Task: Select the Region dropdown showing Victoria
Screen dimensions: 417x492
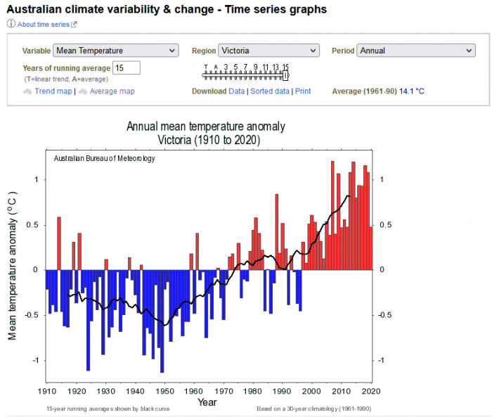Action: point(268,51)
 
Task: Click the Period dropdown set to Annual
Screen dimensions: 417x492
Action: point(416,51)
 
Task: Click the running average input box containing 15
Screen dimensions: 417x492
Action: point(127,68)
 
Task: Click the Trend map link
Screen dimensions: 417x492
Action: point(53,91)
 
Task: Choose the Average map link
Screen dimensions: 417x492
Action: point(112,91)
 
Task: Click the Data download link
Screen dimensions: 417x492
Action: point(237,91)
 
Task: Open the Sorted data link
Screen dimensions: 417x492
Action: point(270,91)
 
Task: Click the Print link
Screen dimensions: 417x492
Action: point(303,91)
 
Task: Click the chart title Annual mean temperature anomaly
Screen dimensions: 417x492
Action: point(205,127)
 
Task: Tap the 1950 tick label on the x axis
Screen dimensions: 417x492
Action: point(164,391)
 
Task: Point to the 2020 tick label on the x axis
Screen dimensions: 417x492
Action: point(371,391)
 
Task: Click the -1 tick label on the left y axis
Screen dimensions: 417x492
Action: point(35,360)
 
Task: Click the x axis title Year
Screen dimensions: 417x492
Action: point(207,402)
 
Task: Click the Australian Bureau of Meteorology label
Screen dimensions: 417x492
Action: point(104,158)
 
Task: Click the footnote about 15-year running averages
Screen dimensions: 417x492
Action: point(108,409)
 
